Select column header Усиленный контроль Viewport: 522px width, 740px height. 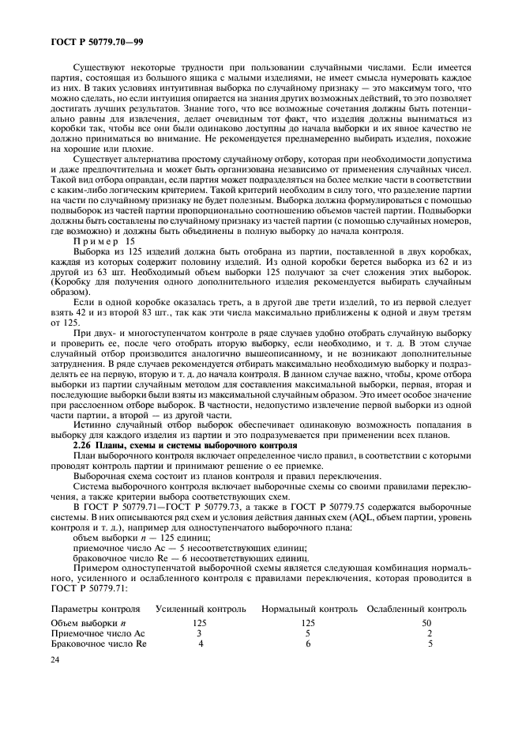[x=201, y=609]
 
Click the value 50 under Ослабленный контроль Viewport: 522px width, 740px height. [x=426, y=623]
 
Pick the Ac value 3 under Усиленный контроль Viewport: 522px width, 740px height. [x=199, y=633]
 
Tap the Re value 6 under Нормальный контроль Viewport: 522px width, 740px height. [x=308, y=644]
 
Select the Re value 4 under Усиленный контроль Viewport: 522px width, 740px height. [x=201, y=644]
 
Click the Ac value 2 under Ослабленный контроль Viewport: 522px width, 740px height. [x=430, y=633]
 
